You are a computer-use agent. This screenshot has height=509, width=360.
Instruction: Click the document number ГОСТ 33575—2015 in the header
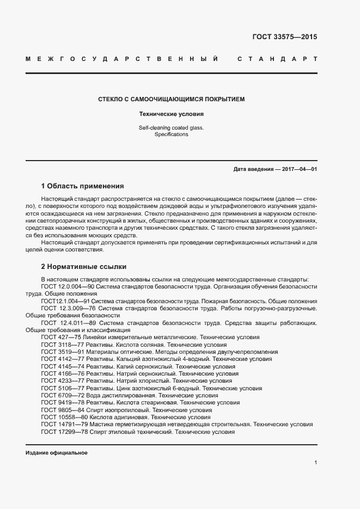pos(284,38)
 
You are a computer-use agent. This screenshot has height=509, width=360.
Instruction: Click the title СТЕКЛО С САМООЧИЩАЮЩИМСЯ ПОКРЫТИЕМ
pos(171,100)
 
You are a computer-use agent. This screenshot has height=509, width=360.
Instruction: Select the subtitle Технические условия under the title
pos(171,115)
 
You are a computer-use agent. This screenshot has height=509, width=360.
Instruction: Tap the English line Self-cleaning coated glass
pos(171,128)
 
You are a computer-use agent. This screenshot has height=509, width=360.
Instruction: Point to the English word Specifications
pos(171,134)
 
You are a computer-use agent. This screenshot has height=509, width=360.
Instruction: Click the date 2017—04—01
pos(300,169)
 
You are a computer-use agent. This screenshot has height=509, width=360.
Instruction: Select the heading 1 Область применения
pos(83,186)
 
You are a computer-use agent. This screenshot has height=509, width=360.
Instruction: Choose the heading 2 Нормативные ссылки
pos(84,267)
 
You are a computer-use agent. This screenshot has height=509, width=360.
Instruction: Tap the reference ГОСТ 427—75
pos(60,338)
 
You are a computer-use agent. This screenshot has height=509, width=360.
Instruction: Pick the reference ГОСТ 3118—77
pos(62,345)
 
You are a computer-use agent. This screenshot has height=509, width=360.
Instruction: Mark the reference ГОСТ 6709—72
pos(62,396)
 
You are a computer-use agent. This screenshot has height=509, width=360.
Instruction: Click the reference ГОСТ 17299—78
pos(63,432)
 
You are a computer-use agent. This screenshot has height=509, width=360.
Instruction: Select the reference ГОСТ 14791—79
pos(63,424)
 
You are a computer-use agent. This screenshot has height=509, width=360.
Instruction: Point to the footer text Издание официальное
pos(57,453)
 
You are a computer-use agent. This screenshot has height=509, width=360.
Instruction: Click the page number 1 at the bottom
pos(315,463)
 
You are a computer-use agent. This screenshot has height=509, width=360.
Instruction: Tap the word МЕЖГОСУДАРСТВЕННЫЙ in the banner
pos(123,58)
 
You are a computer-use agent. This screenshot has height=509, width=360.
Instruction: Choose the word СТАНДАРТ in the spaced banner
pos(277,58)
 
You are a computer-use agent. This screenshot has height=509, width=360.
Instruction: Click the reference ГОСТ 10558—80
pos(63,417)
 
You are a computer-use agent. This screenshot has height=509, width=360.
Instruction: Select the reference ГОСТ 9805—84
pos(62,410)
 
